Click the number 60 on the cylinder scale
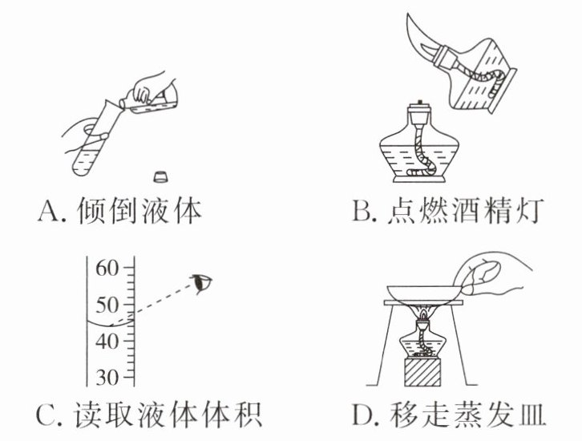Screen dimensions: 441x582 coord(107,270)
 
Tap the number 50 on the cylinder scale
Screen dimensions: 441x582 coord(107,305)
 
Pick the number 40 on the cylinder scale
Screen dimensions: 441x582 coord(107,341)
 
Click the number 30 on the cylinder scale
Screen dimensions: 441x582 coord(107,376)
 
